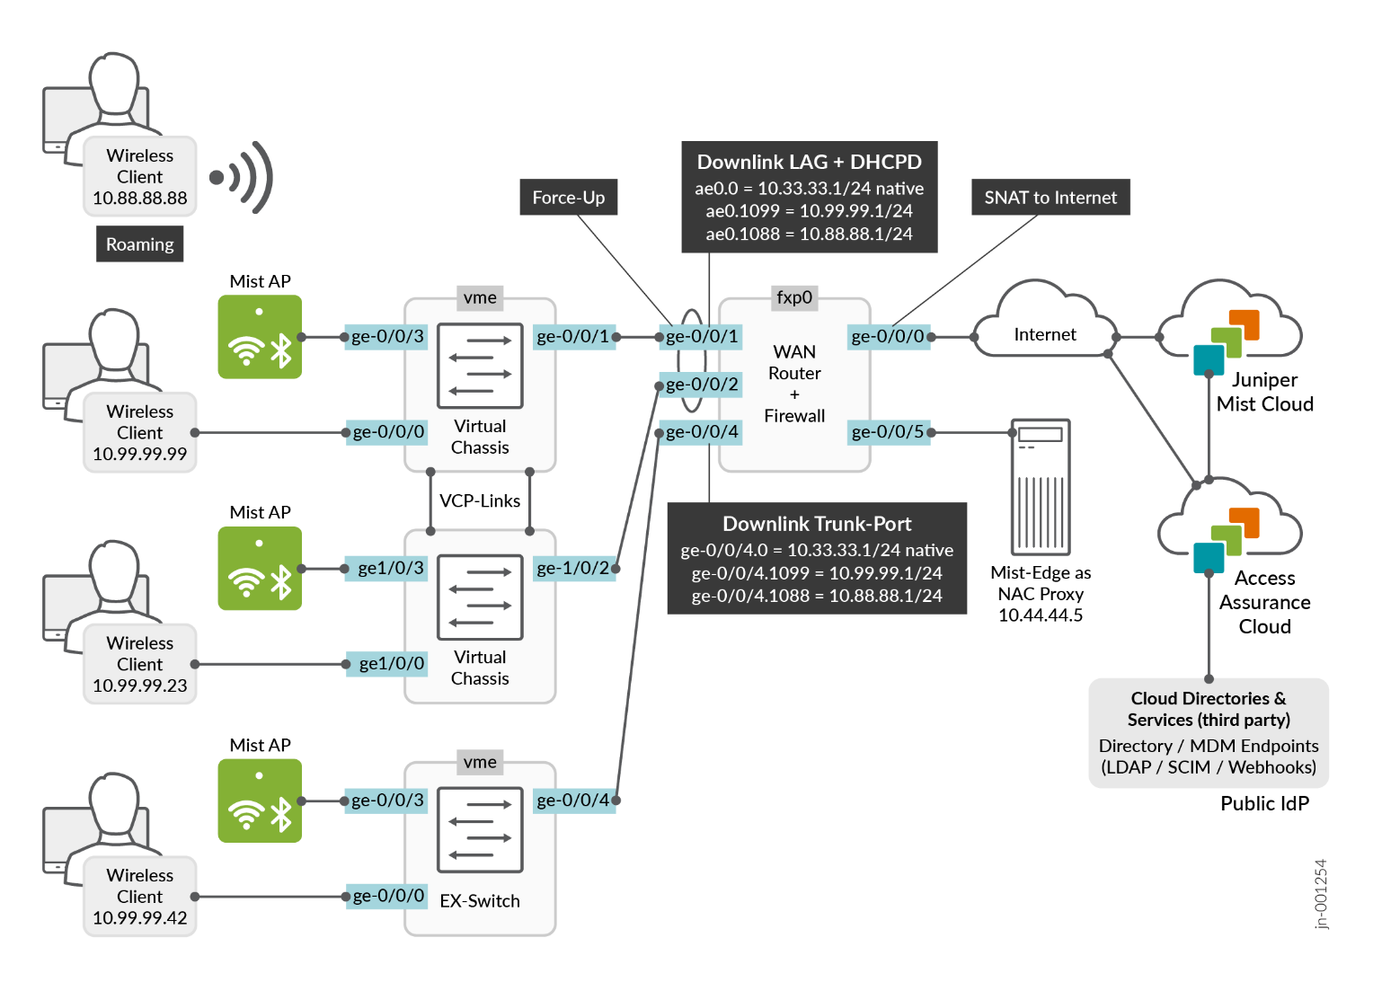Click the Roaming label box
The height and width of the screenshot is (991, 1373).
coord(139,243)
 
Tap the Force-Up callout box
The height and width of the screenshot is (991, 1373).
coord(568,198)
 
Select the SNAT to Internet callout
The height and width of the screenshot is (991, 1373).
coord(1050,198)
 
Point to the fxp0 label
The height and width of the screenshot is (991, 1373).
coord(794,297)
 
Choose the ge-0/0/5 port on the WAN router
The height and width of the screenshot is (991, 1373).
coord(888,432)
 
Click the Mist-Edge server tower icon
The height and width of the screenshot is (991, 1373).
coord(1040,487)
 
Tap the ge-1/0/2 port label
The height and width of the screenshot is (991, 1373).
coord(573,568)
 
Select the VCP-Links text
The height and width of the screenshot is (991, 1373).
coord(480,500)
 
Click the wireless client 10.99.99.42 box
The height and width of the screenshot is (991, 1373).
coord(139,896)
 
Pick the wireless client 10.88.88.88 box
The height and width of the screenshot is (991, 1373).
coord(139,176)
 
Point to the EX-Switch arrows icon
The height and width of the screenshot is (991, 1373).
coord(480,829)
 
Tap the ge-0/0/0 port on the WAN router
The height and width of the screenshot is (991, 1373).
coord(888,337)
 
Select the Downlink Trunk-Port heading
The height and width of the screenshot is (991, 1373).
coord(817,524)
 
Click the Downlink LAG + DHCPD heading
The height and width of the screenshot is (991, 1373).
coord(809,163)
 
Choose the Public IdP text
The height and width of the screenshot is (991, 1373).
coord(1264,803)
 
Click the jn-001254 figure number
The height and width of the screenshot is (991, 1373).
coord(1320,894)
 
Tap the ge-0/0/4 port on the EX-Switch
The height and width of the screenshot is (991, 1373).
coord(573,800)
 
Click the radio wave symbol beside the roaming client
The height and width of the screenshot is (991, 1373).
coord(243,177)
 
